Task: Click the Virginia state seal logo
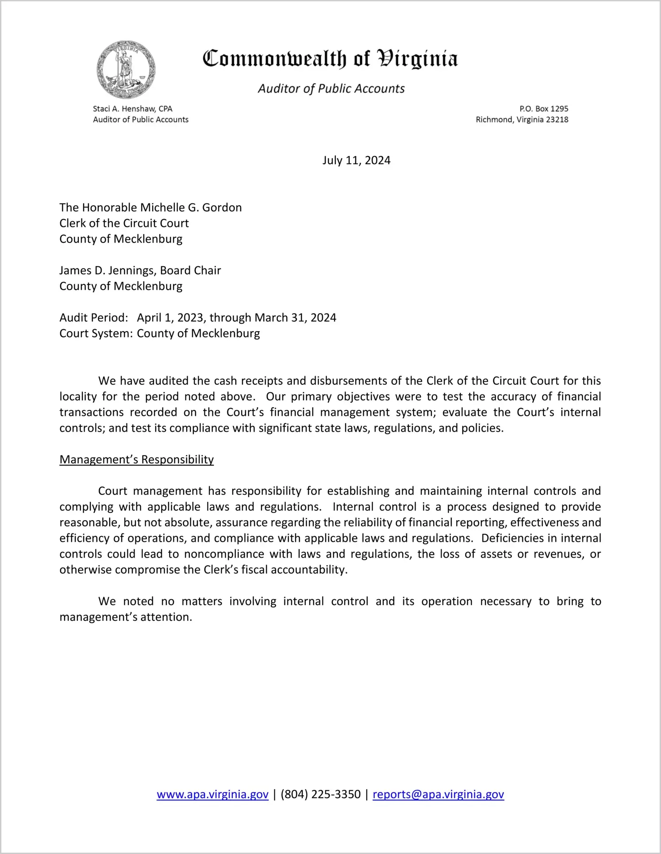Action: (126, 69)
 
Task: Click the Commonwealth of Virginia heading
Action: (330, 59)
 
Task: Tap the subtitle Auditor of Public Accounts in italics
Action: (331, 89)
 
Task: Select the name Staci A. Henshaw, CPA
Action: (133, 109)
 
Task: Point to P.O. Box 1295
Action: (544, 109)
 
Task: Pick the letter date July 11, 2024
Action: (356, 160)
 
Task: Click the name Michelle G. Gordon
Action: (191, 207)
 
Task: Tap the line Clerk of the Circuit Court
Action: (124, 223)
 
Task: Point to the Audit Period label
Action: (94, 318)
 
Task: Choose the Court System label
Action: (96, 333)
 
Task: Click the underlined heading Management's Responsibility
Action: (137, 460)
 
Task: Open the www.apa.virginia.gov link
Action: (212, 795)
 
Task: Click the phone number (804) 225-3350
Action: (320, 795)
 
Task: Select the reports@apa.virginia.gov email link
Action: (438, 795)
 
